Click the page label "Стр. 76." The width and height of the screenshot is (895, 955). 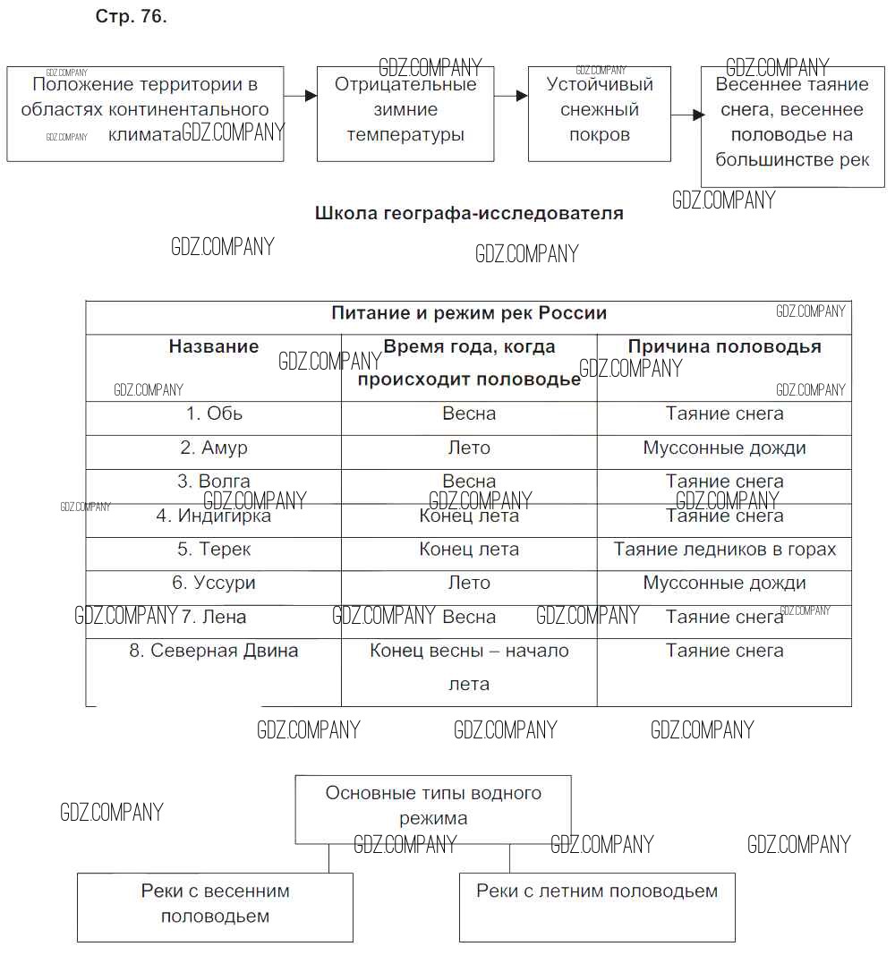[131, 18]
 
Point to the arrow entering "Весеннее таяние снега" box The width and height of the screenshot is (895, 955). [686, 115]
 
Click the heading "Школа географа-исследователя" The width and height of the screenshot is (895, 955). [469, 214]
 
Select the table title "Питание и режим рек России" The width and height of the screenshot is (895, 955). [469, 313]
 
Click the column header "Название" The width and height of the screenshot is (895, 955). [214, 347]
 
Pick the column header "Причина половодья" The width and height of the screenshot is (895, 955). [724, 347]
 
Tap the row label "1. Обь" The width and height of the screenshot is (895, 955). [214, 414]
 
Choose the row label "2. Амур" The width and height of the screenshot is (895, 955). [214, 448]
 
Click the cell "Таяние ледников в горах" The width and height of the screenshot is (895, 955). [724, 550]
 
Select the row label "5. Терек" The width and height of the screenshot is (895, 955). [214, 550]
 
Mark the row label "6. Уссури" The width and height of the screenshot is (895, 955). [214, 584]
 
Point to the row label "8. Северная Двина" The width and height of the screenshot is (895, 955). [214, 652]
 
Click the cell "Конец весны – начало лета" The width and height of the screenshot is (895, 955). [469, 668]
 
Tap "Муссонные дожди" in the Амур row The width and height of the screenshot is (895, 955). [724, 448]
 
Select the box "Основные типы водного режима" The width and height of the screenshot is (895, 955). [433, 806]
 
